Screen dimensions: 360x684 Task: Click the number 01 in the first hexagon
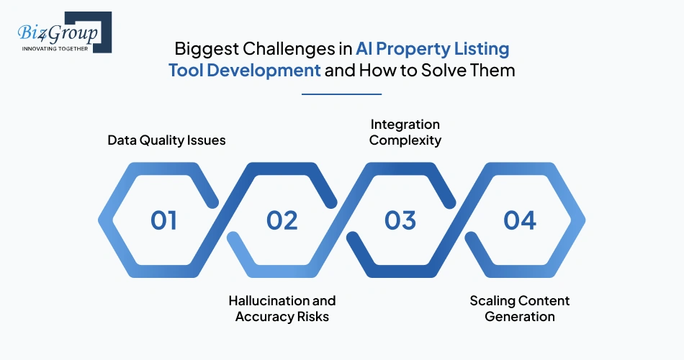click(163, 220)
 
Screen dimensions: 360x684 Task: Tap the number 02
click(282, 220)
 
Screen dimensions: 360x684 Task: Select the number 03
click(400, 220)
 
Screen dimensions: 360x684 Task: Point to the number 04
click(519, 220)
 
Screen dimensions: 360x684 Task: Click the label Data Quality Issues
click(166, 140)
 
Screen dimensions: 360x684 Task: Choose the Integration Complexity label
click(405, 132)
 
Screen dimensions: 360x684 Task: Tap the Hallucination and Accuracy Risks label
click(282, 308)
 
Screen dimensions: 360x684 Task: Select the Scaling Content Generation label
click(519, 308)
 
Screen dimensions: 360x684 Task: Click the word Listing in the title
click(482, 50)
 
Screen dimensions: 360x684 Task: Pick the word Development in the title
click(274, 71)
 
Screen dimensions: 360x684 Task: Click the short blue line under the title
click(341, 94)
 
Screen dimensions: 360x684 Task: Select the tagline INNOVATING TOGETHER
click(56, 49)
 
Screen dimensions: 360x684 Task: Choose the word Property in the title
click(418, 50)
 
